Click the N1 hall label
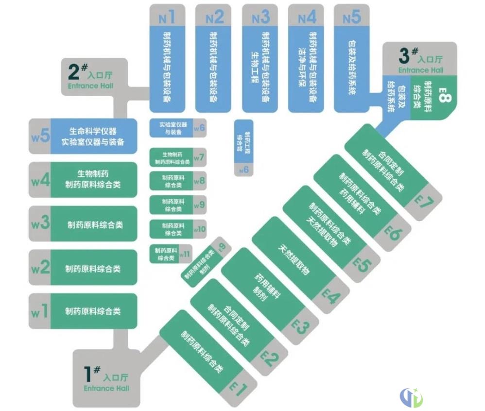point(167,18)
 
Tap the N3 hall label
point(260,18)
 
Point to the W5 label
point(41,136)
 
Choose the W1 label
point(40,311)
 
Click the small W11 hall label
point(185,253)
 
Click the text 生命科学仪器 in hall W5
point(93,131)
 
